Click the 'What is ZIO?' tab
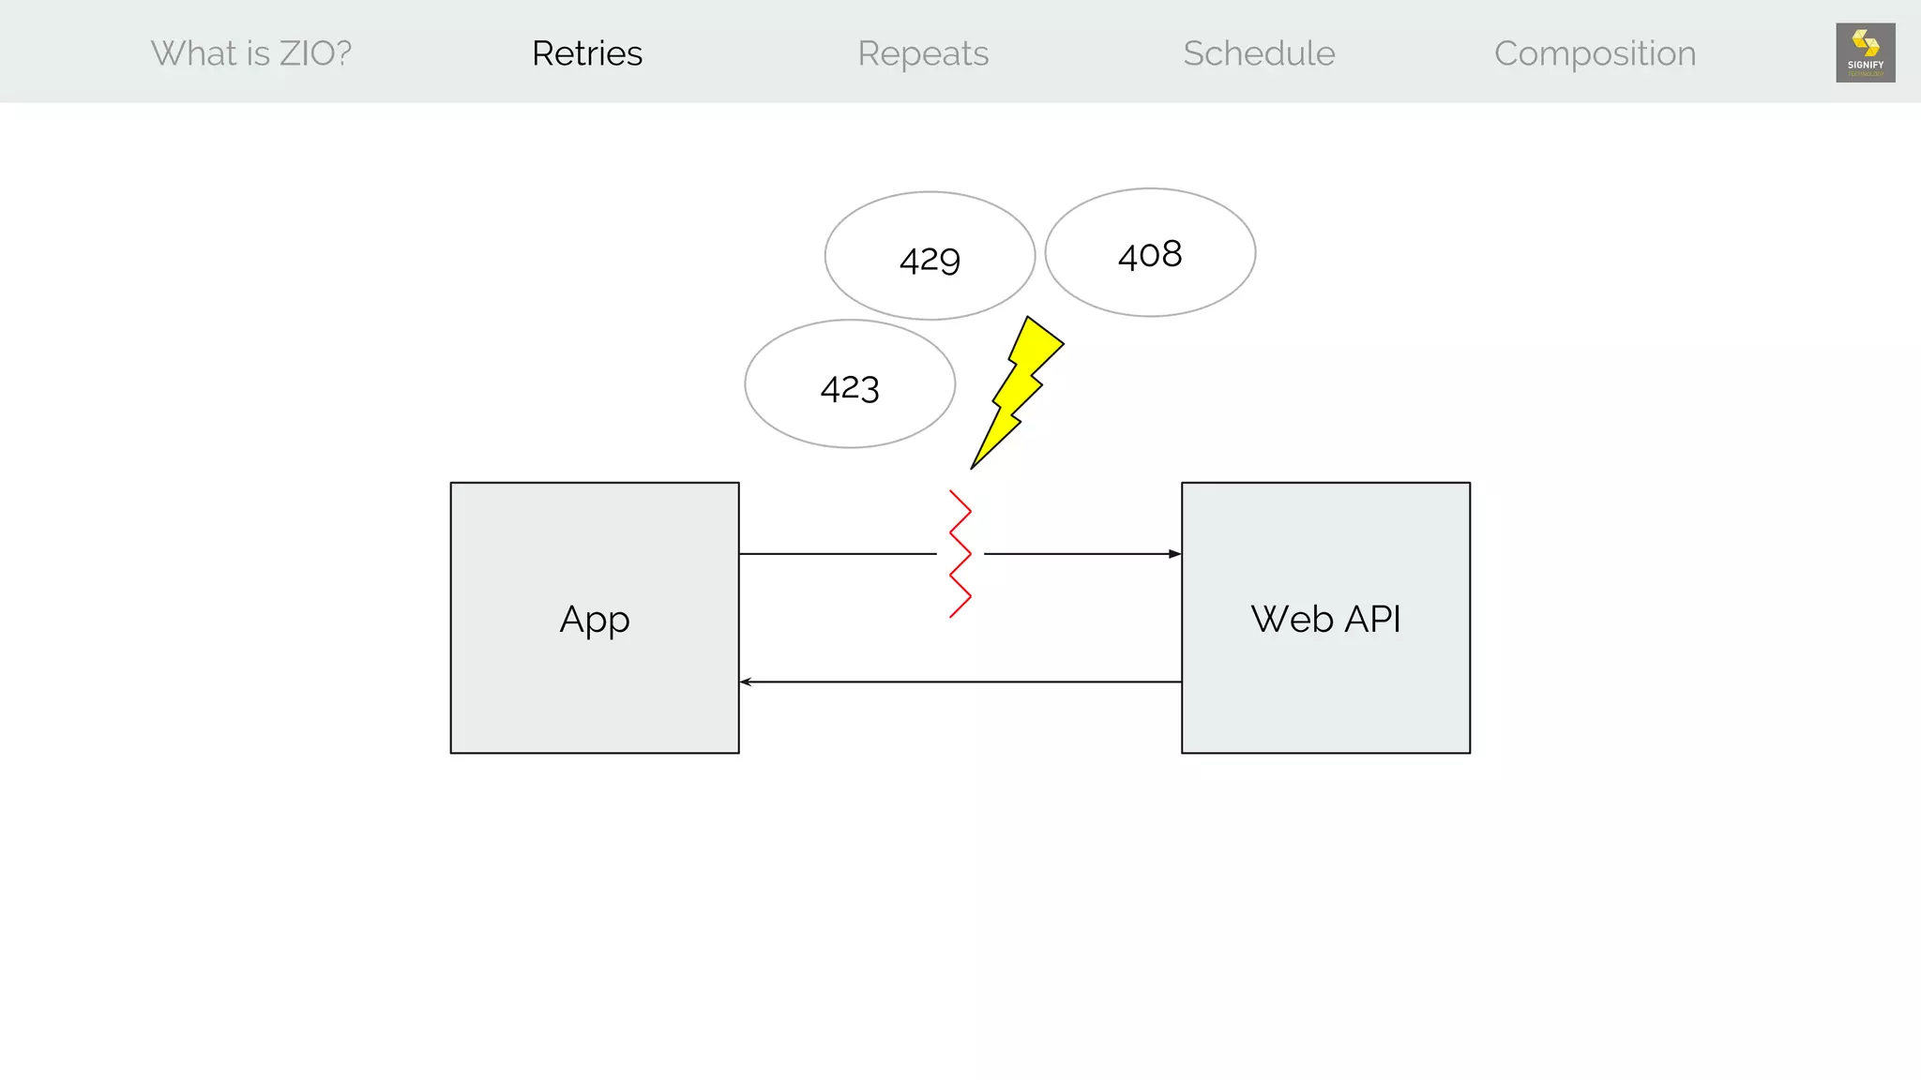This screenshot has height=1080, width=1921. (x=251, y=53)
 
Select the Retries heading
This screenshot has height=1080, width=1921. (x=587, y=53)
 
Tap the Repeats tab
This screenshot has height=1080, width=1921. (x=923, y=53)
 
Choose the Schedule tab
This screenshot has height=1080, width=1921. (x=1259, y=53)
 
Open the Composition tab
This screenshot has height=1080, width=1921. (x=1595, y=53)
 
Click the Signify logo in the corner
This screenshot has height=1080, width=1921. (x=1865, y=52)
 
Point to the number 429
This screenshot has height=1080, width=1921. (x=930, y=260)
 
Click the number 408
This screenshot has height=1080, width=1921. (x=1150, y=255)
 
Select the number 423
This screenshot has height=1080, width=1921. (x=850, y=388)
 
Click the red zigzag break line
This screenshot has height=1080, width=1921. (x=960, y=554)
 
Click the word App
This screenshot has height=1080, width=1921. (x=595, y=620)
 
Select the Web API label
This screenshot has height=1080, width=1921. (x=1325, y=620)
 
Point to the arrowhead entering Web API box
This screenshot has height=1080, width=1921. (x=1175, y=554)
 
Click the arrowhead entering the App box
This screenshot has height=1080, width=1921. (x=746, y=682)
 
